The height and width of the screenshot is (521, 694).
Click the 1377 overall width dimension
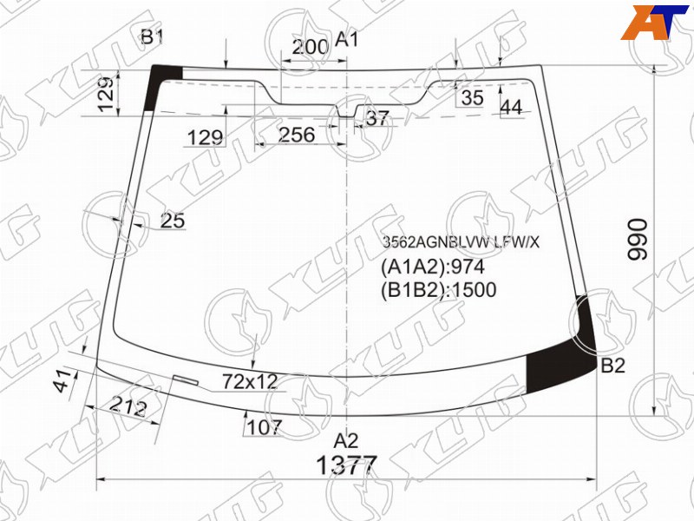[x=346, y=465]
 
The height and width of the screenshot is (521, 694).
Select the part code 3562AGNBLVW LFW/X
[x=461, y=242]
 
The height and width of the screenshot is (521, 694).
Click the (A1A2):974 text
[x=433, y=267]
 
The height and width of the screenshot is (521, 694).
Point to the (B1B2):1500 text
[x=439, y=290]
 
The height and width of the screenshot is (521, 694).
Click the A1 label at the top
[x=346, y=39]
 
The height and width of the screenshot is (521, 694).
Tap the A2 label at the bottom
[x=345, y=441]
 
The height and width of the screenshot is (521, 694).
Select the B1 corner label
[x=153, y=36]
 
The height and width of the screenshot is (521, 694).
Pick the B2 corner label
[x=613, y=366]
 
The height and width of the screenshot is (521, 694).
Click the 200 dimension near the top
[x=311, y=47]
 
